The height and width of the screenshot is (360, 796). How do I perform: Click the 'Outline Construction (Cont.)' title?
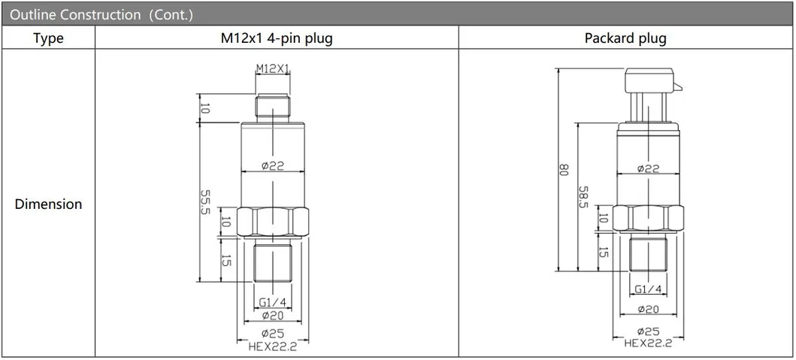coord(101,14)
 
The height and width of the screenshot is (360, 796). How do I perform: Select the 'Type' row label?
coord(48,38)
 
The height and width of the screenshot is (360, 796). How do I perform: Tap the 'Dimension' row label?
coord(48,204)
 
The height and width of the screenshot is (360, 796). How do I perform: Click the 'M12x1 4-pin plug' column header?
coord(276,38)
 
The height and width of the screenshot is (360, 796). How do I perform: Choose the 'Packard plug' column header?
coord(625,38)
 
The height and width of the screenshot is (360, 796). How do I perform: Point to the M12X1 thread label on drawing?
coord(272,68)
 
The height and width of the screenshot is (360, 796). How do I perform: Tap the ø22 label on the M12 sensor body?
coord(272,166)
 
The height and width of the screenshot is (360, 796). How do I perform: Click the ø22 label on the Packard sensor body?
coord(648,169)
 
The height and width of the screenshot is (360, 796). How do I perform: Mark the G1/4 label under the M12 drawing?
coord(272,302)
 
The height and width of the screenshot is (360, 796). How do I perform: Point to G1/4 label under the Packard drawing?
coord(648,289)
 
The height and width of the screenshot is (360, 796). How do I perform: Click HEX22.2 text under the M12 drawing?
coord(272,346)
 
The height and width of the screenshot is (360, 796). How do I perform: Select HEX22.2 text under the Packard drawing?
coord(648,343)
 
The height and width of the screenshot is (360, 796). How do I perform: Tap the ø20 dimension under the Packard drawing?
coord(648,309)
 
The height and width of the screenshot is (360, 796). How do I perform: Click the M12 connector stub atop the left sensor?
coord(272,107)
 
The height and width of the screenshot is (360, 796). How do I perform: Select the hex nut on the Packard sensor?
coord(648,218)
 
